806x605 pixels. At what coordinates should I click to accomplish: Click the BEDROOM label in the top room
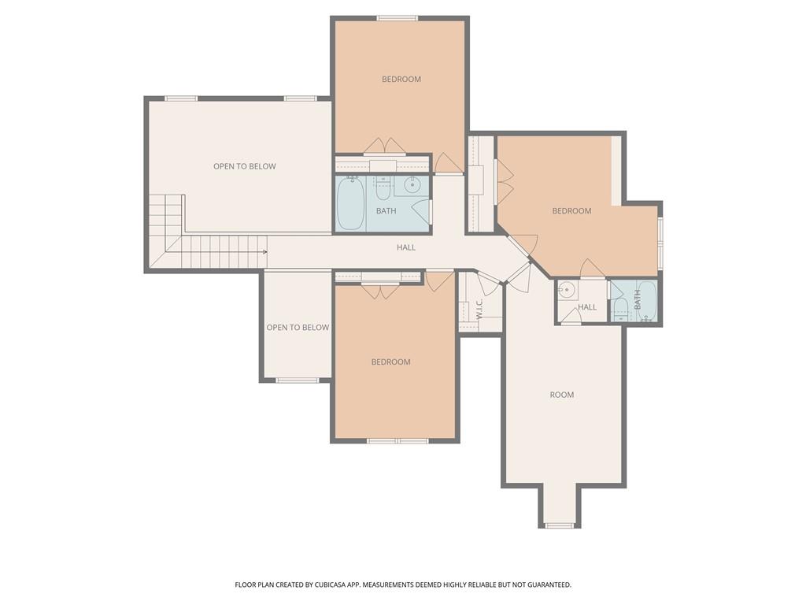[401, 79]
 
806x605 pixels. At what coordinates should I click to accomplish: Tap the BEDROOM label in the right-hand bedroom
[571, 210]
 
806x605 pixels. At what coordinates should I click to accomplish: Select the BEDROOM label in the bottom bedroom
[391, 362]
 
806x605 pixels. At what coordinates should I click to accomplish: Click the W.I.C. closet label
[479, 309]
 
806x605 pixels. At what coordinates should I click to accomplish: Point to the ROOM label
[562, 395]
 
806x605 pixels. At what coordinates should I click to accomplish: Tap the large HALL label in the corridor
[406, 247]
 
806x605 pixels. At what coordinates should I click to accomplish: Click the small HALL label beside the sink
[588, 307]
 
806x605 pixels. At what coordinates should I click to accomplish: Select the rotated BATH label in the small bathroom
[638, 299]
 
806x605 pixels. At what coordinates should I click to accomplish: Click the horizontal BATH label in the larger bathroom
[386, 211]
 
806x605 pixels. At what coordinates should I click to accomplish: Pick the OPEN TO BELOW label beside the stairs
[245, 166]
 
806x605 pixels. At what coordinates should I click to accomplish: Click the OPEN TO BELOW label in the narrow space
[298, 327]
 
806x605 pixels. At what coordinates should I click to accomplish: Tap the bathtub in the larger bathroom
[350, 203]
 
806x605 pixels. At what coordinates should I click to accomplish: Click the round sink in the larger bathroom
[412, 186]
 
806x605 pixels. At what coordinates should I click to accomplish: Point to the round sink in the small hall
[567, 290]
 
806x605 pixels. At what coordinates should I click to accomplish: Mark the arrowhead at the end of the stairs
[265, 252]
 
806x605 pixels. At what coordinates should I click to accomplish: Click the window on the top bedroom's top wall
[397, 18]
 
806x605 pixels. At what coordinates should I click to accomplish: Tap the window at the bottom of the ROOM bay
[560, 525]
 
